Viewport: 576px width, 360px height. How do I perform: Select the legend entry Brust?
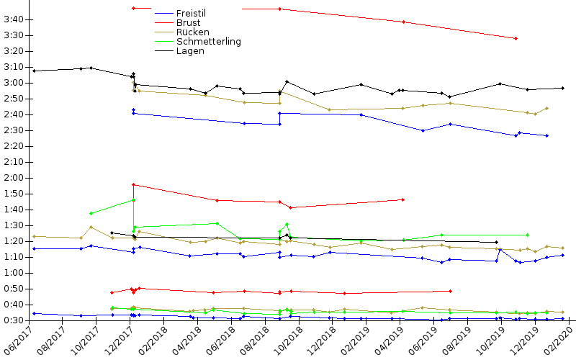(x=188, y=22)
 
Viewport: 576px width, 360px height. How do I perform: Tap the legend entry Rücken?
(x=192, y=32)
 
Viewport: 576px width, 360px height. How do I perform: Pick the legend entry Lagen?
(x=190, y=50)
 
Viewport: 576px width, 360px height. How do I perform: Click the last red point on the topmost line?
(x=516, y=38)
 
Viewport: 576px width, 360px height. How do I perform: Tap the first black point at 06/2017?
(x=34, y=71)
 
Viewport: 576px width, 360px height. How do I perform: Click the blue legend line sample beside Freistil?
(x=164, y=13)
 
